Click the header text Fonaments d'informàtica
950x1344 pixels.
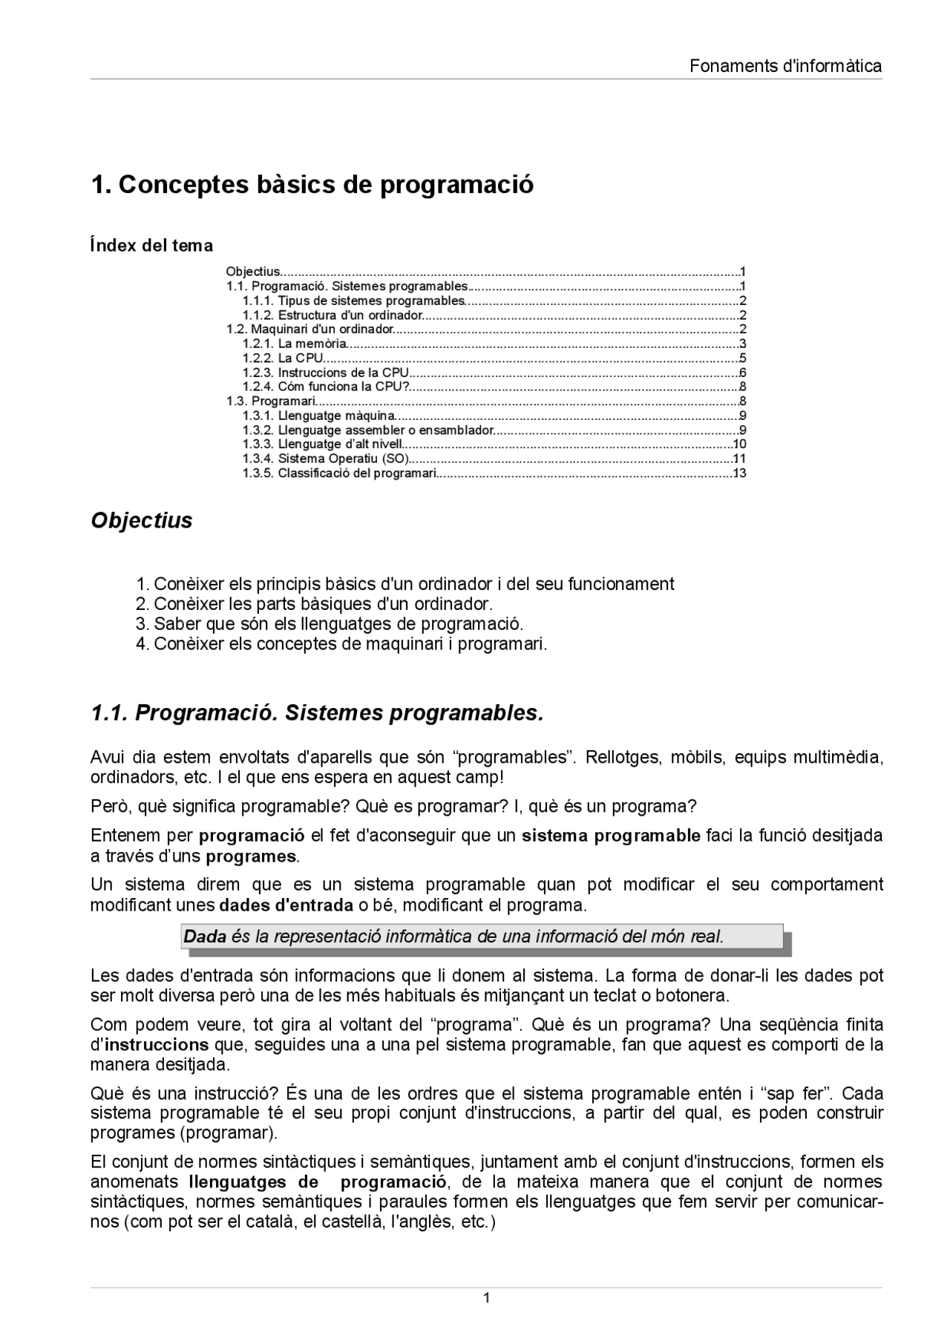tap(785, 66)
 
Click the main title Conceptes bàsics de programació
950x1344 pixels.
tap(312, 184)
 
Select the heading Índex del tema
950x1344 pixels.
tap(151, 246)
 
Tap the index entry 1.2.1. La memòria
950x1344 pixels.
tap(295, 344)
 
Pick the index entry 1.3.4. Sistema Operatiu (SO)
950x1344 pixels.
tap(326, 459)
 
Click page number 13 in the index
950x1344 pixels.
tap(739, 473)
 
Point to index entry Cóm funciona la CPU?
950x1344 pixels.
tap(326, 387)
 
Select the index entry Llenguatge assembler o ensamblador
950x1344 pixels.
tap(367, 430)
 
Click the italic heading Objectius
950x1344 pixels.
tap(141, 520)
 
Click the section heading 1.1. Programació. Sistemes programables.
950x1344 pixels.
tap(317, 713)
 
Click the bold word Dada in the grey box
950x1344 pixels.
tap(205, 937)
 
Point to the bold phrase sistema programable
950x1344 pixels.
tap(611, 836)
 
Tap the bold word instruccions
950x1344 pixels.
tap(157, 1045)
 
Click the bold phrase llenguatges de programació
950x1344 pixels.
tap(318, 1181)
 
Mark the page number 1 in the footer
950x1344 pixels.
tap(486, 1298)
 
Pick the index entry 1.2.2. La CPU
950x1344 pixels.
tap(283, 358)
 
